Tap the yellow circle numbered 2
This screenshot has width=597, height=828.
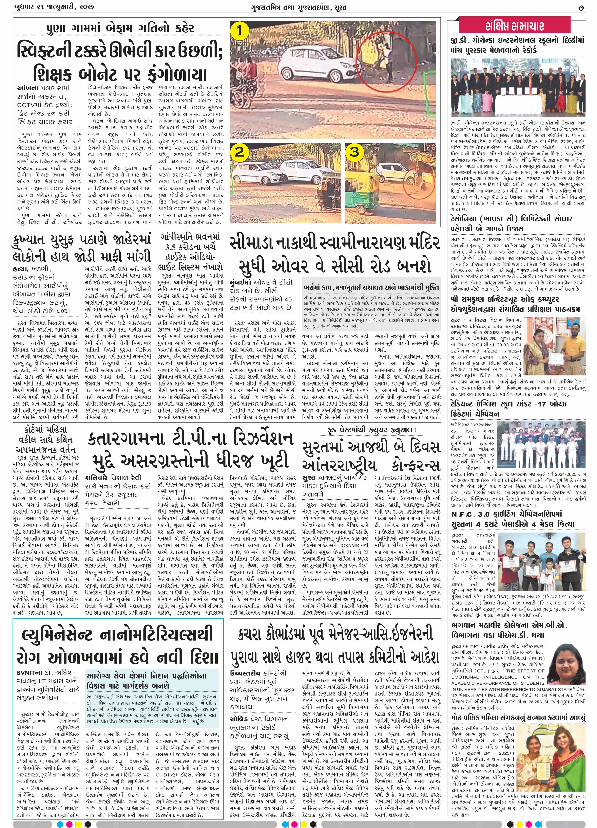point(239,152)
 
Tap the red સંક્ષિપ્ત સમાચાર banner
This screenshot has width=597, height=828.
point(515,26)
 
